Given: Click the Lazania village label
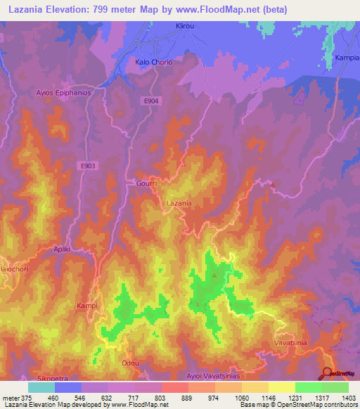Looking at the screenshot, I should coord(179,203).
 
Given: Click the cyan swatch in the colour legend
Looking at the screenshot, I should coord(41,387).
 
